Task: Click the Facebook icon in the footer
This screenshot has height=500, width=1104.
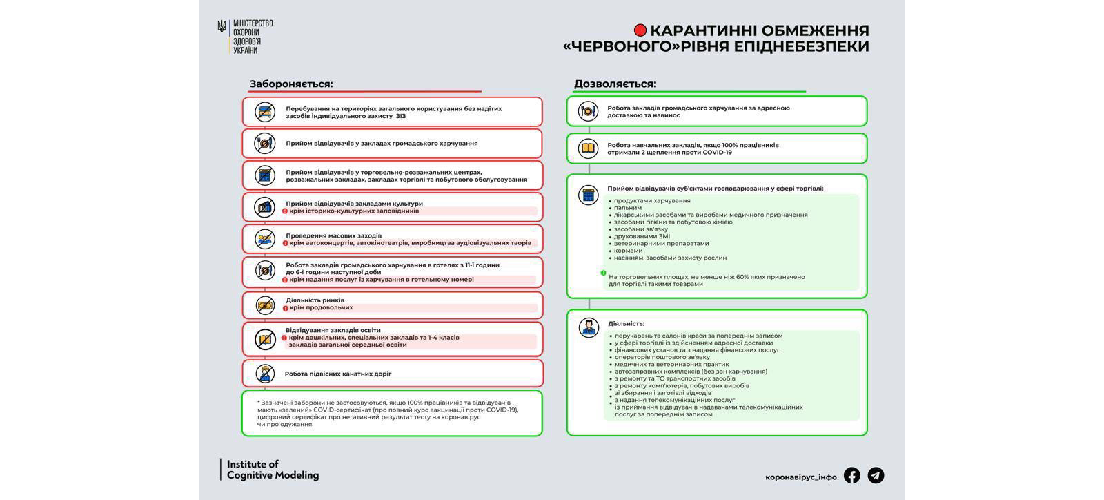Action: (852, 475)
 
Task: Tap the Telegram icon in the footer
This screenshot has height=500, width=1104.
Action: (876, 475)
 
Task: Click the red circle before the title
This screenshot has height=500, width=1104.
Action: (640, 30)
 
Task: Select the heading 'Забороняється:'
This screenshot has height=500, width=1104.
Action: (291, 84)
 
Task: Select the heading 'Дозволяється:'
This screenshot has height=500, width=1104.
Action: (615, 84)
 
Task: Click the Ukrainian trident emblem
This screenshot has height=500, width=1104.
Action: (222, 27)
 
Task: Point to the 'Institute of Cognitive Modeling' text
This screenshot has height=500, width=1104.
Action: (273, 470)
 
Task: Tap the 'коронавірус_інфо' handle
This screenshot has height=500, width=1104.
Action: (801, 477)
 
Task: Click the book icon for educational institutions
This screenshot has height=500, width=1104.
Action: (588, 148)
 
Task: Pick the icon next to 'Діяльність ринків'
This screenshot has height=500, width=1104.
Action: (265, 305)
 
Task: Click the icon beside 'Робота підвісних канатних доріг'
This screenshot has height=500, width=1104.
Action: (265, 374)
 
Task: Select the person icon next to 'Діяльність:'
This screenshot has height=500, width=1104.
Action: (589, 327)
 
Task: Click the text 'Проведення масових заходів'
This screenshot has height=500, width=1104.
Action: (333, 235)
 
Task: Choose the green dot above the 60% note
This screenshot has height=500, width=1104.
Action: (604, 273)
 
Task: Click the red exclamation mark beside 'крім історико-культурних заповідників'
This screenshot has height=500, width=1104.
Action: (285, 211)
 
